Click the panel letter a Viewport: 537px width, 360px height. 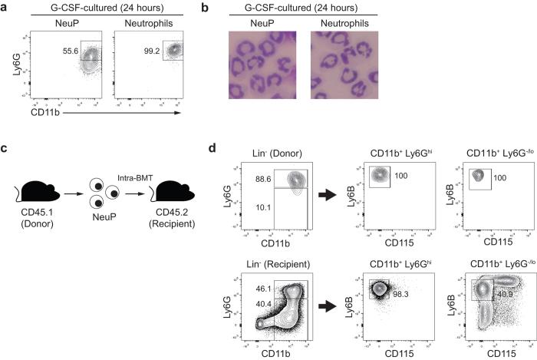click(7, 7)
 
